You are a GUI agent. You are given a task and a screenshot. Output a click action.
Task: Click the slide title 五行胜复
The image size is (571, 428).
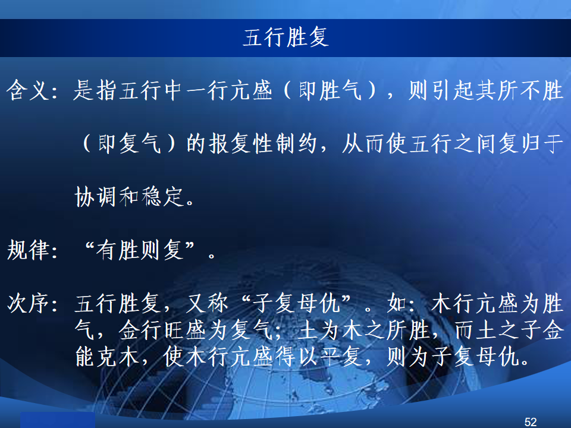(286, 37)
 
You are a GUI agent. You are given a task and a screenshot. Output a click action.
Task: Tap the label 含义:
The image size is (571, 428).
(32, 90)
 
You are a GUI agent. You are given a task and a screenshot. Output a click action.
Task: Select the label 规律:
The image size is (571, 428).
(32, 250)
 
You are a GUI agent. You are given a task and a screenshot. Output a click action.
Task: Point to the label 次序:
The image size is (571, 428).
(32, 303)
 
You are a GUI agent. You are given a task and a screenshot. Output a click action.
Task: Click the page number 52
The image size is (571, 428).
(531, 422)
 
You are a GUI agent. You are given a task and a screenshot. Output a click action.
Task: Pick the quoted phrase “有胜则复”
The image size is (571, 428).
(140, 250)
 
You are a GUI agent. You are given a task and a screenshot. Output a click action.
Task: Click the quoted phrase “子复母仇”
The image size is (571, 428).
(296, 303)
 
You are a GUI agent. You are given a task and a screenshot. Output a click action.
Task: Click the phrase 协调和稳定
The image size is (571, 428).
(129, 197)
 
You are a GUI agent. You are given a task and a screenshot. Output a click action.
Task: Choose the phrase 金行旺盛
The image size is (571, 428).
(164, 330)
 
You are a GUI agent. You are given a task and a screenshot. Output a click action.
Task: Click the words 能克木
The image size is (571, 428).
(108, 357)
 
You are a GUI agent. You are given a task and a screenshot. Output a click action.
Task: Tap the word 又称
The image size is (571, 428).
(207, 303)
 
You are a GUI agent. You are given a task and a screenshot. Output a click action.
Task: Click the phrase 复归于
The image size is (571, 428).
(531, 143)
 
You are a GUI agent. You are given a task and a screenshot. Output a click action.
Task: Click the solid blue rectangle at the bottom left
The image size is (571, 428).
(58, 420)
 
